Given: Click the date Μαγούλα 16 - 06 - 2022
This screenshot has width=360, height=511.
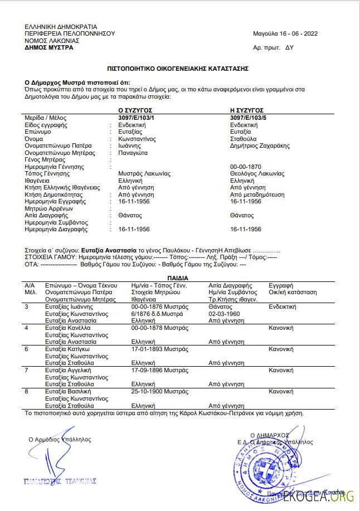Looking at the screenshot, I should [x=285, y=33].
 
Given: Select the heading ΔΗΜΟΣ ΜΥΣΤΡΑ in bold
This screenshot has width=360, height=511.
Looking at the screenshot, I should [x=49, y=47].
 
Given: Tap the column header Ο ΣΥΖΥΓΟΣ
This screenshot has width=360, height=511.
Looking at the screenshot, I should [x=135, y=111].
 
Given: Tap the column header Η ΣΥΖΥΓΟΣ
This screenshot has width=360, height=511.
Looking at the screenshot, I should [x=247, y=111].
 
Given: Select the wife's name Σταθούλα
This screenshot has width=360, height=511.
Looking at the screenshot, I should [x=244, y=139].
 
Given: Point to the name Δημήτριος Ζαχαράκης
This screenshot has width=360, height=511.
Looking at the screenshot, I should [x=260, y=146].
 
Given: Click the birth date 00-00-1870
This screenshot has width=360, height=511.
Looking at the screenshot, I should [x=245, y=167].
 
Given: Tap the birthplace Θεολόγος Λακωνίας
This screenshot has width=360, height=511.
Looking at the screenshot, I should [x=257, y=174].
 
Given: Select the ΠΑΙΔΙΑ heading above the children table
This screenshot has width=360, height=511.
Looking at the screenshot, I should [x=178, y=278].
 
